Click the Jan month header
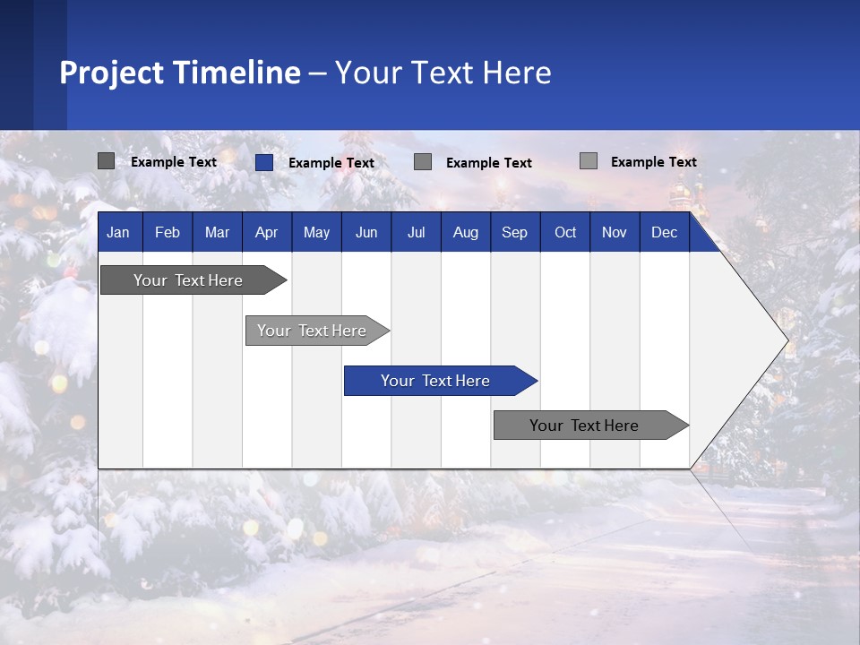click(x=118, y=232)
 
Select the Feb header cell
click(x=168, y=232)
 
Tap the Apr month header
click(x=266, y=232)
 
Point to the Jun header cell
click(x=366, y=232)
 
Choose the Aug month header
click(x=465, y=232)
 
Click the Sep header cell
click(x=514, y=232)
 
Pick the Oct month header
click(x=565, y=232)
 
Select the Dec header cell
click(x=664, y=232)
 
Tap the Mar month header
click(x=217, y=232)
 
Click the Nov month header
click(x=615, y=232)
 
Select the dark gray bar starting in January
click(x=189, y=280)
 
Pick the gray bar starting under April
click(x=313, y=331)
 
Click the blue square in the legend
click(x=263, y=162)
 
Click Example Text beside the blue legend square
click(x=331, y=163)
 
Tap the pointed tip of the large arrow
click(x=787, y=340)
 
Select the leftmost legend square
click(x=106, y=161)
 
